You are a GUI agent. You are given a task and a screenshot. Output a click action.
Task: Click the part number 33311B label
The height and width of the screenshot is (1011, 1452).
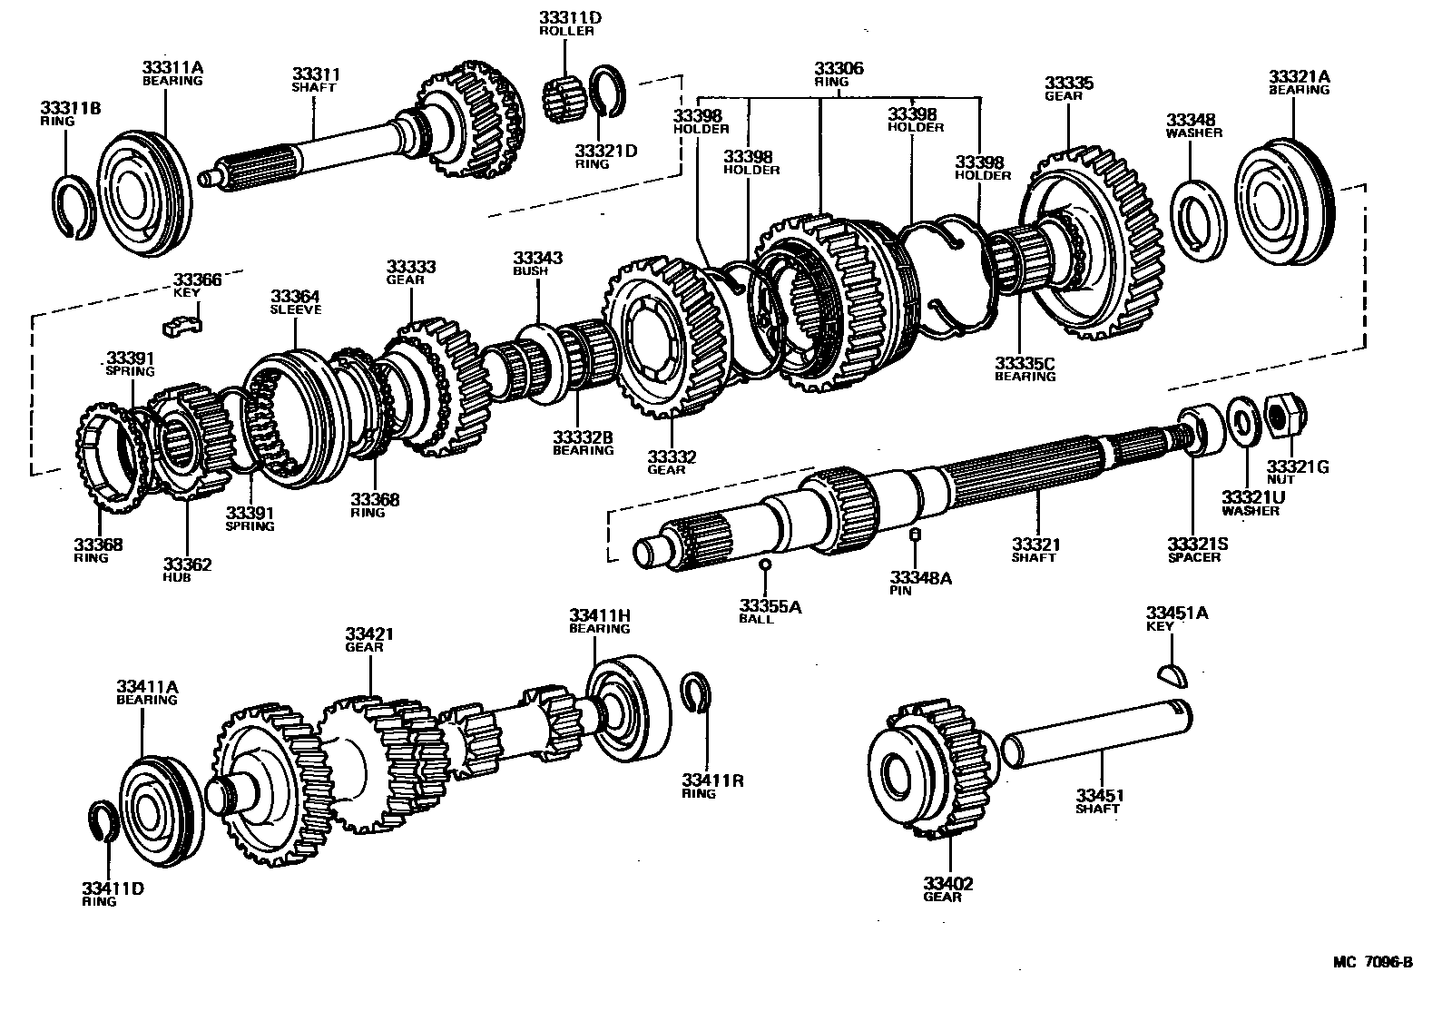click(x=70, y=114)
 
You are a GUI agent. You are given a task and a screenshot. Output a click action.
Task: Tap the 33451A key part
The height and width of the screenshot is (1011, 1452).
click(x=1172, y=672)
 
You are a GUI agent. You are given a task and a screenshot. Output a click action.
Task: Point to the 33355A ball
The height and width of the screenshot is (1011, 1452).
click(x=765, y=564)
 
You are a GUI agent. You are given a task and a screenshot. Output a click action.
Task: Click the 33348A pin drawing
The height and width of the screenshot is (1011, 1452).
click(x=916, y=534)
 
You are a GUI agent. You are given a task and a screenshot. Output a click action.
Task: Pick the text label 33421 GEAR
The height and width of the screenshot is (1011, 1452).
click(x=369, y=639)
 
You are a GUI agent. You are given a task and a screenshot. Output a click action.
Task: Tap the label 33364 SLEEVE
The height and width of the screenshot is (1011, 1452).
click(x=295, y=302)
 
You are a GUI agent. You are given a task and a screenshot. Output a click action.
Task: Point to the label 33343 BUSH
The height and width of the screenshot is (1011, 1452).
click(x=537, y=263)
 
